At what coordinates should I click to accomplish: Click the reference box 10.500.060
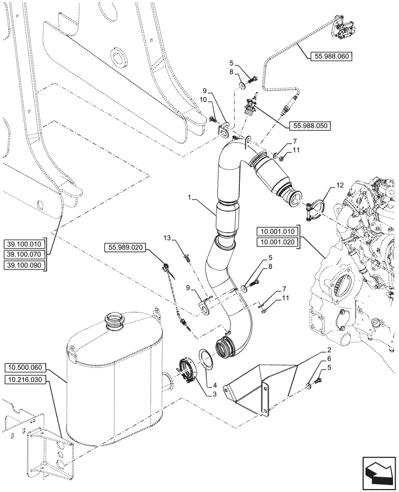pyautogui.click(x=27, y=368)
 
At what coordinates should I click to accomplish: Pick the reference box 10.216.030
pyautogui.click(x=27, y=379)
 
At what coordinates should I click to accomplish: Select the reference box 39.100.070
pyautogui.click(x=25, y=254)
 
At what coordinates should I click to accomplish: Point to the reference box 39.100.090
pyautogui.click(x=25, y=265)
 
